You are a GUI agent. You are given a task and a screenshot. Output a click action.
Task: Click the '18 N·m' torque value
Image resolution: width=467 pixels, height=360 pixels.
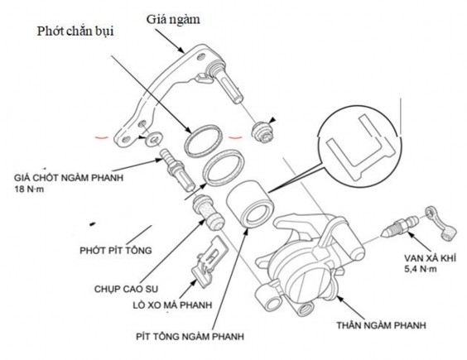click(31, 190)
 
